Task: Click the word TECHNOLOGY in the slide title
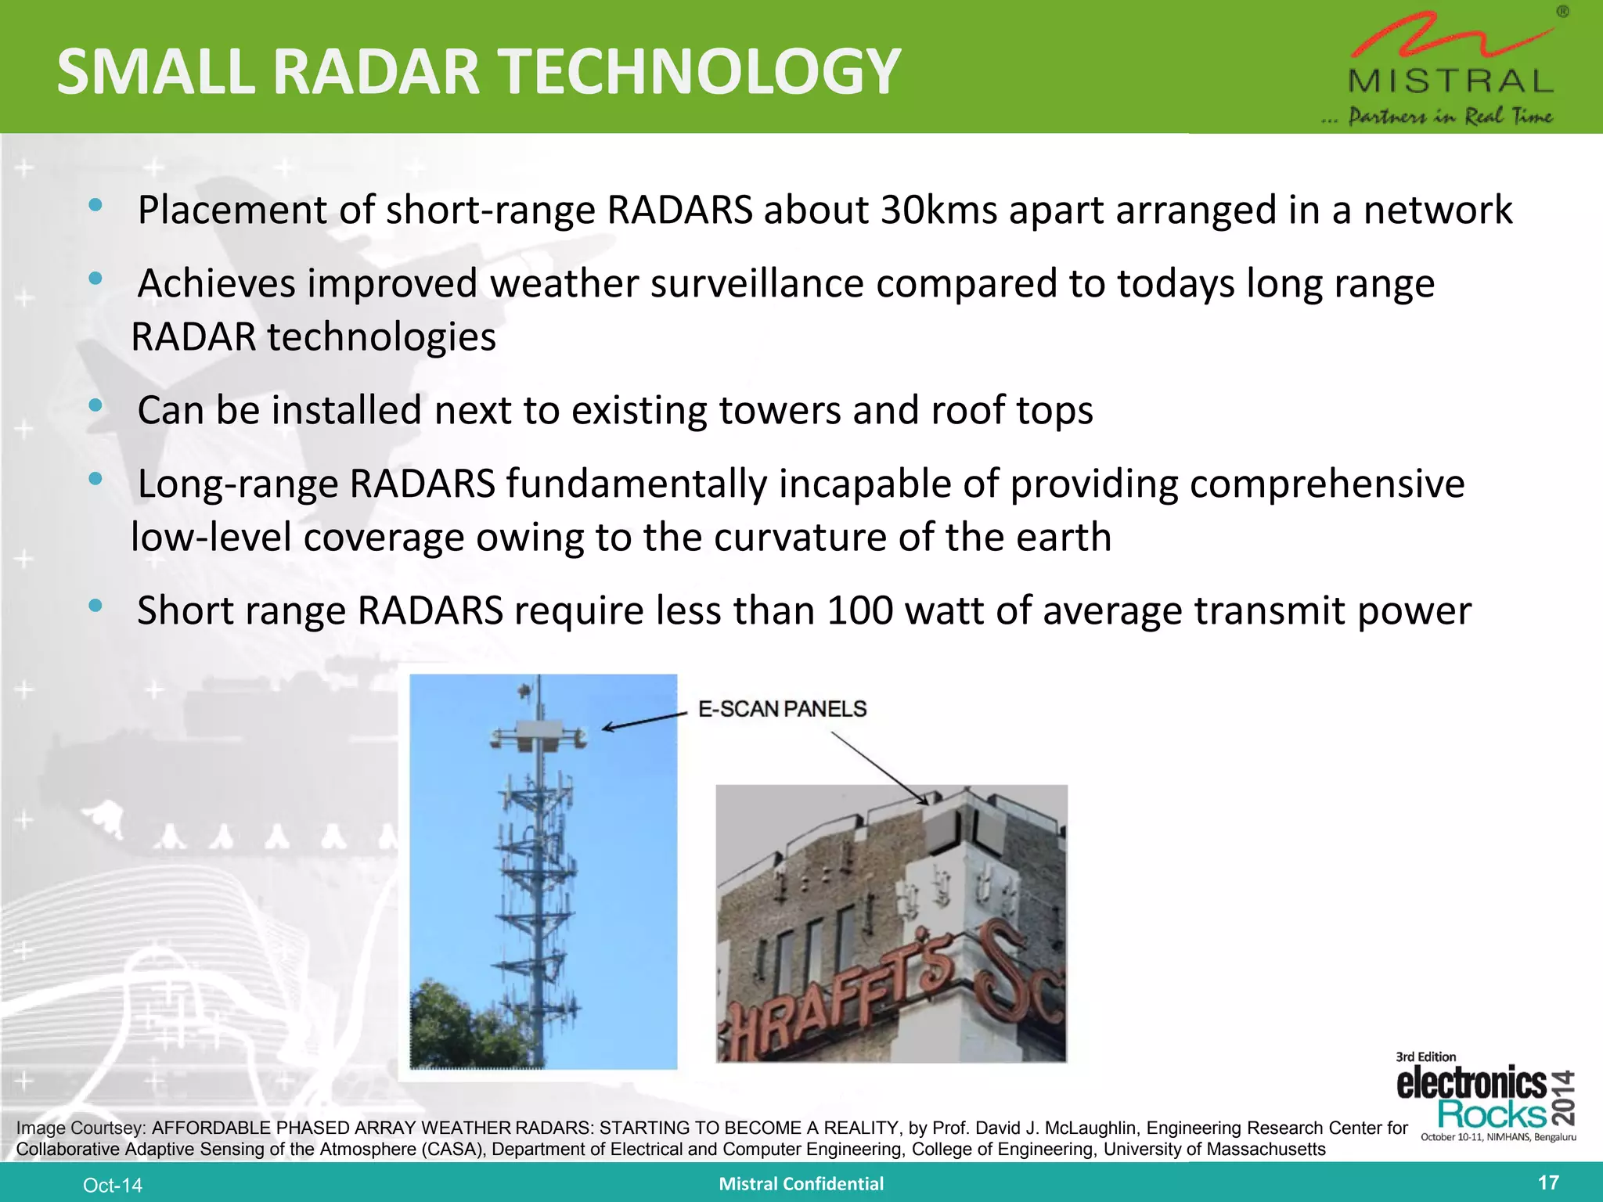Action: click(x=699, y=72)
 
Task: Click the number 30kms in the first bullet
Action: click(x=938, y=210)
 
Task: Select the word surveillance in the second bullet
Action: click(x=756, y=283)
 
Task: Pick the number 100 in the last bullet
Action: click(x=859, y=610)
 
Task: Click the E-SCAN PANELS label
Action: click(x=782, y=709)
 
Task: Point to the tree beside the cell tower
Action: click(x=462, y=1025)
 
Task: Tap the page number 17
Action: click(x=1548, y=1182)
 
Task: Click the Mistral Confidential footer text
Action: click(x=801, y=1184)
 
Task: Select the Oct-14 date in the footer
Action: click(x=113, y=1186)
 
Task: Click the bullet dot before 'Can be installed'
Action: click(x=95, y=405)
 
